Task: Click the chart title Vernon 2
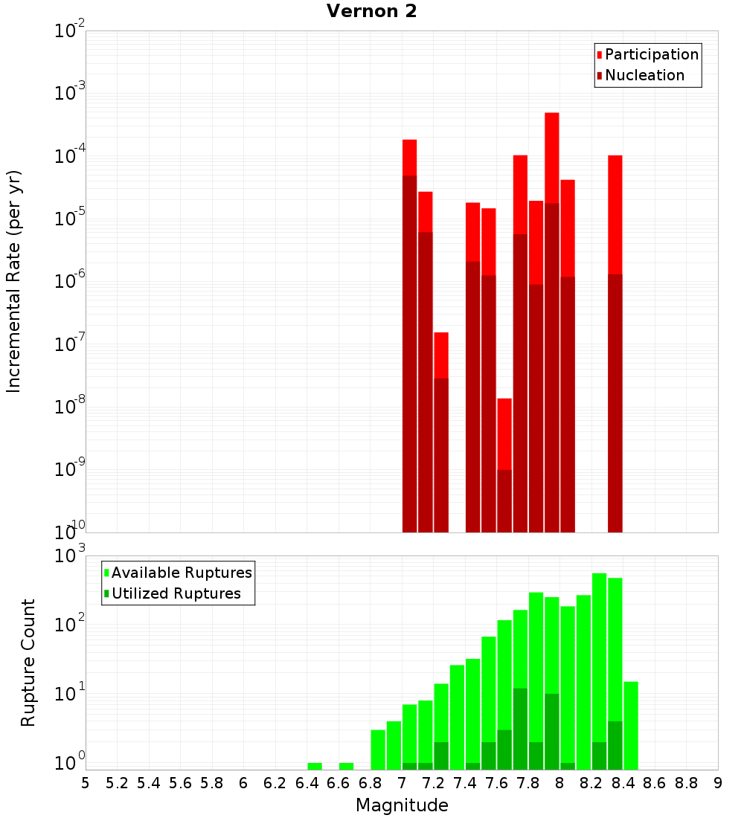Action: [376, 11]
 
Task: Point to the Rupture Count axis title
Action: [28, 663]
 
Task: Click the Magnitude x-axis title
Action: [402, 805]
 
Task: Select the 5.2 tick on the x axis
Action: [117, 782]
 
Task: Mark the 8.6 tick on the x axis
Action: [655, 782]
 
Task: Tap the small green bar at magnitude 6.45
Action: [315, 766]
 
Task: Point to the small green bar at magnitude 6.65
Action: [346, 766]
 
